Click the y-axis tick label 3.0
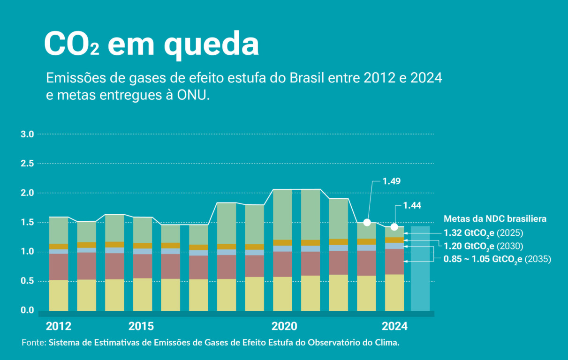[x=28, y=135]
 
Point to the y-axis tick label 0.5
[x=28, y=281]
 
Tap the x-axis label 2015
[x=141, y=326]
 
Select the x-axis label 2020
[x=284, y=326]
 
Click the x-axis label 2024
[x=394, y=326]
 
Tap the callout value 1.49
[x=391, y=181]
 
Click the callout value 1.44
[x=412, y=206]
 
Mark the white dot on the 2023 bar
[x=367, y=222]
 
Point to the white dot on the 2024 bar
[x=394, y=227]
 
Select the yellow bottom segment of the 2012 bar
[x=59, y=295]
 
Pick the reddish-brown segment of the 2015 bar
[x=143, y=266]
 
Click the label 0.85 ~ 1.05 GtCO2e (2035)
[x=497, y=259]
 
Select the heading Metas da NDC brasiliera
[x=495, y=219]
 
